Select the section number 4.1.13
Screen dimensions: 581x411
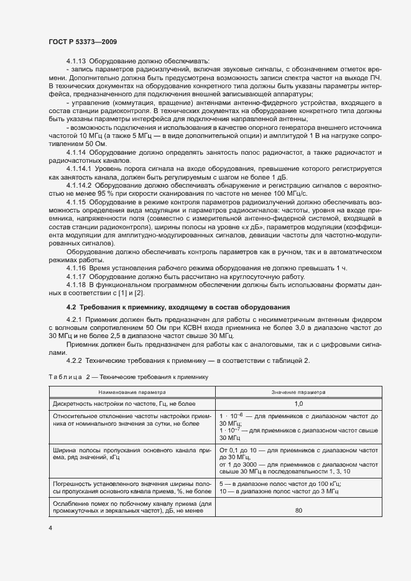[x=76, y=61]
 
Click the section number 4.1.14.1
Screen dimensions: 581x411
[x=80, y=168]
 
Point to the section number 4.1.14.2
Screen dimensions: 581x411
[x=80, y=185]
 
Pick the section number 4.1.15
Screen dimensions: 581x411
[x=76, y=203]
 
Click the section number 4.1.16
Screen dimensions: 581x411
[x=76, y=267]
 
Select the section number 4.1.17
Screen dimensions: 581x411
[x=76, y=275]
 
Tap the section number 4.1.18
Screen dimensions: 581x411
[x=76, y=284]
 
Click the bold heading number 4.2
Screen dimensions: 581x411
[x=72, y=308]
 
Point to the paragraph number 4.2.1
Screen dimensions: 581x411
[x=74, y=320]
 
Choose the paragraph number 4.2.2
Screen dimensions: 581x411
[x=74, y=360]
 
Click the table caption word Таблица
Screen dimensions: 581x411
[x=63, y=377]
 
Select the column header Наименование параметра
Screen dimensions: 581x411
[x=131, y=392]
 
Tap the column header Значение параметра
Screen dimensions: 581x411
[x=298, y=392]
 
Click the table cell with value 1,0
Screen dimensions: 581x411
[x=298, y=403]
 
